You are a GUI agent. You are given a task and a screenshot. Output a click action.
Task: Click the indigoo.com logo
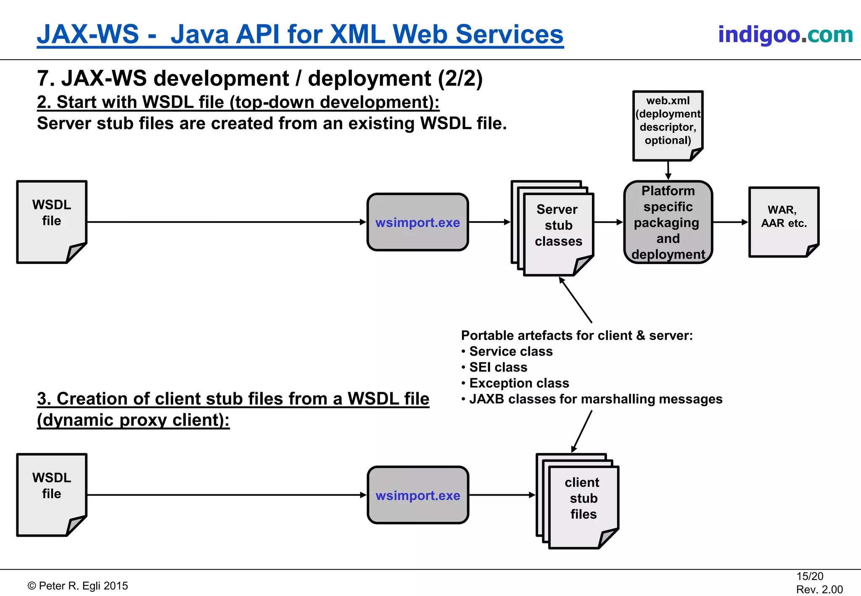(785, 34)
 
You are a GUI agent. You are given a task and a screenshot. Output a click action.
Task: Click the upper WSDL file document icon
(51, 222)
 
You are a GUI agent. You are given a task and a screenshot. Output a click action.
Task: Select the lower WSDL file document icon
(51, 494)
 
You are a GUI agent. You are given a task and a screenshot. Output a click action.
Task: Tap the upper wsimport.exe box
(417, 222)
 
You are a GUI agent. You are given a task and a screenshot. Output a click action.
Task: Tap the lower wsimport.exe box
(417, 495)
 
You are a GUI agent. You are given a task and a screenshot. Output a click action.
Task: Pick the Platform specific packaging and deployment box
(668, 222)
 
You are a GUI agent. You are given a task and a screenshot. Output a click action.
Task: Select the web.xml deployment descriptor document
(668, 125)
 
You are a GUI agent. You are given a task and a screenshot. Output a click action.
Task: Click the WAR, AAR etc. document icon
(783, 222)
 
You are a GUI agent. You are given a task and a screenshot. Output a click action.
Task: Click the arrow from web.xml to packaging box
(668, 170)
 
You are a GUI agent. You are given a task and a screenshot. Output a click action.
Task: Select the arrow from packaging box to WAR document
(731, 222)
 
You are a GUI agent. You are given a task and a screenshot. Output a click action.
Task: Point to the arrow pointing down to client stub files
(582, 431)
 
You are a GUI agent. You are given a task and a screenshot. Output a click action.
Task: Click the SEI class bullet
(498, 367)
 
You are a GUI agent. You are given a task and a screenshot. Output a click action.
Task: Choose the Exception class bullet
(519, 383)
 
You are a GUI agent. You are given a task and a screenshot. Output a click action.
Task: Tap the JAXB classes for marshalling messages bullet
(595, 399)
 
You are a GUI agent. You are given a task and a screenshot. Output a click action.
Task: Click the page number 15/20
(809, 576)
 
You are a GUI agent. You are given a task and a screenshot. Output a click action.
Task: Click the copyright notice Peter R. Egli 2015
(78, 586)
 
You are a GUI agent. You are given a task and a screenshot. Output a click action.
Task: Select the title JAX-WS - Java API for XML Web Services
(300, 34)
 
